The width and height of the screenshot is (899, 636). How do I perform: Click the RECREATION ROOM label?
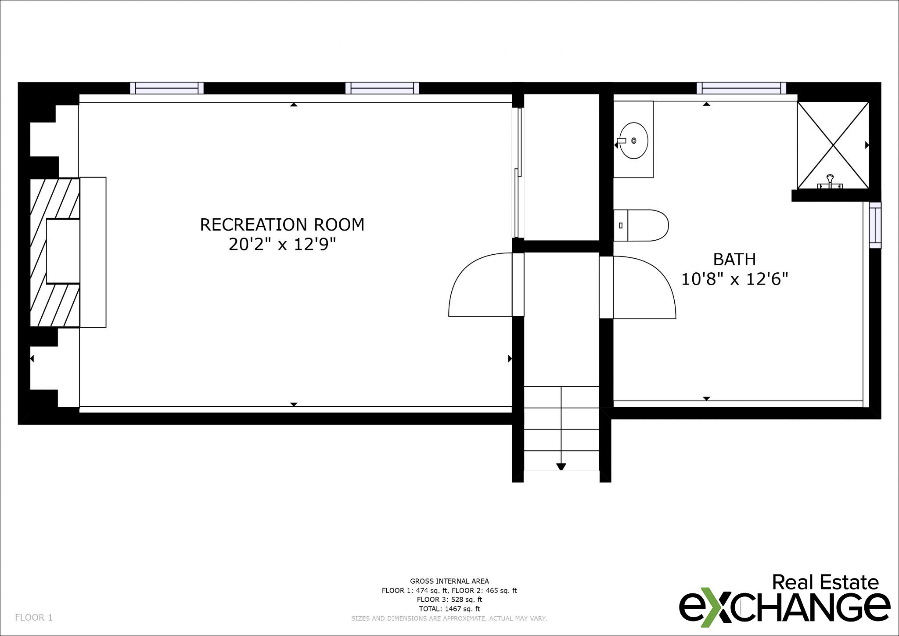point(282,224)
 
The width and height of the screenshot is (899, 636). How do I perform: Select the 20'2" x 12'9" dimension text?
point(282,244)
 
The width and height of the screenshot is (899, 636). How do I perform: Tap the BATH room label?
point(734,260)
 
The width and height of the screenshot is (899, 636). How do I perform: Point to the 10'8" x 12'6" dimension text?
point(734,279)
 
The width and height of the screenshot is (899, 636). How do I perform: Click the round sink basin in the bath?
point(633,141)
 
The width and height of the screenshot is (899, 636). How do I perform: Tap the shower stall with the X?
point(833,145)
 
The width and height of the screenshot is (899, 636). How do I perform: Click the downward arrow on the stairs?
point(561,466)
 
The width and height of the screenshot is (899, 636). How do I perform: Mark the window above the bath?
point(741,88)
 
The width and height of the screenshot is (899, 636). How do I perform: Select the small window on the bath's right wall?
point(875,225)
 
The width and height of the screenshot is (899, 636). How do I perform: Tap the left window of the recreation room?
point(167,88)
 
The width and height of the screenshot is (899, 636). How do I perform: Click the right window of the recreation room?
point(382,88)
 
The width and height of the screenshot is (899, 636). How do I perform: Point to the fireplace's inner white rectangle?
point(63,251)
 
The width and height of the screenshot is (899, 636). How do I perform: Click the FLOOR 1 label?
point(34,618)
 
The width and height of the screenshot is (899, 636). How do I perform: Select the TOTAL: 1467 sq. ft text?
point(449,609)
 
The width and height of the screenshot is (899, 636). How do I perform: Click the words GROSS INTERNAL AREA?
point(449,581)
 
